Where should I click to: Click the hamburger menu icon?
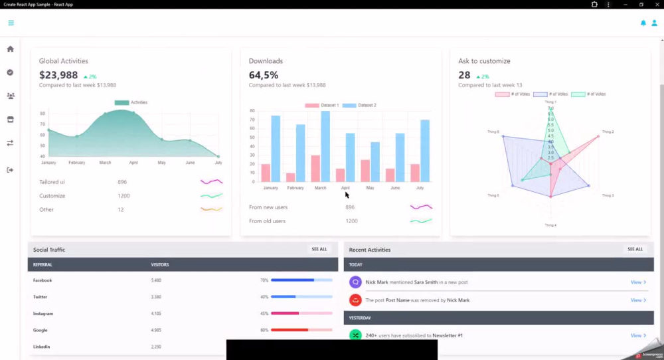(x=11, y=23)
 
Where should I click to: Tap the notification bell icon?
(x=643, y=23)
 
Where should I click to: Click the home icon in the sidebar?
(x=10, y=48)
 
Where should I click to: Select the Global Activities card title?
(x=63, y=61)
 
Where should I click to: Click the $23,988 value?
(x=58, y=75)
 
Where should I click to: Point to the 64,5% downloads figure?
(x=264, y=75)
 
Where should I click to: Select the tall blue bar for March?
(x=325, y=146)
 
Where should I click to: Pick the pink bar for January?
(x=266, y=173)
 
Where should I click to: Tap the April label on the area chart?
(x=133, y=163)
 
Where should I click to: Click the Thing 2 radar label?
(x=608, y=132)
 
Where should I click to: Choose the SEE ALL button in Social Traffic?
(x=319, y=249)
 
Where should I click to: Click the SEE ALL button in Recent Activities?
(x=635, y=249)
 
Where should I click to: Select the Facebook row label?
(x=42, y=280)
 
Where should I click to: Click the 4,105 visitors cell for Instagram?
(x=157, y=314)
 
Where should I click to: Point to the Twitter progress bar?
(x=301, y=297)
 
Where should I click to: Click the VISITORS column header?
(x=160, y=264)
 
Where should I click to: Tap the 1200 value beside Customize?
(x=124, y=196)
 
